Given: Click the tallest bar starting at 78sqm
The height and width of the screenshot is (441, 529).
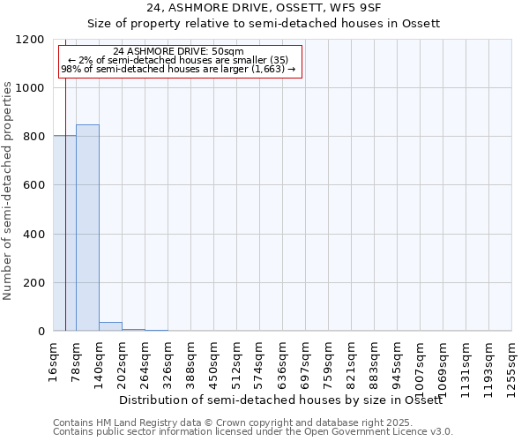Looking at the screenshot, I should point(87,228).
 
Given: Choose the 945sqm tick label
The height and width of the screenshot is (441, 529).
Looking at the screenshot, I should point(398,362).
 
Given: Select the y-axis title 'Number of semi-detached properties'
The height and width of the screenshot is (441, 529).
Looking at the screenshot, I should point(8,186).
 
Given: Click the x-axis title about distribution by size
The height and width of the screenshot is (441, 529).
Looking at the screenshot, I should point(280,400).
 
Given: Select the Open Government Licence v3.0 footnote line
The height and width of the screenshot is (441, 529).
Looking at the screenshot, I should point(252,432).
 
